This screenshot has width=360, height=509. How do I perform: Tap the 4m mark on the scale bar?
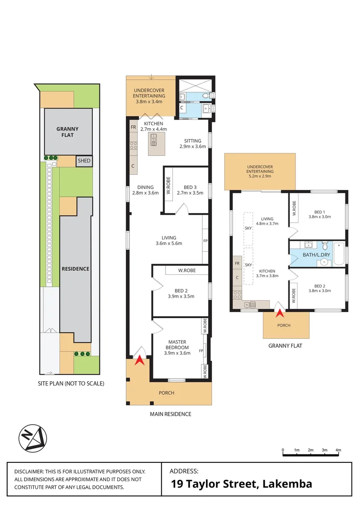[338, 451]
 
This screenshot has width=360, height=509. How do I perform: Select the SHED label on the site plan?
[84, 161]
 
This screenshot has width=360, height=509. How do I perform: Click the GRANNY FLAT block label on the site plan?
[68, 131]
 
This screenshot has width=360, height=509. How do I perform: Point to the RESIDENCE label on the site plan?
[75, 269]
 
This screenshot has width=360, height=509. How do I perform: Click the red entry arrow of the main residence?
[139, 361]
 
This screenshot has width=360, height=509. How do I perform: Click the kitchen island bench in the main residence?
[156, 144]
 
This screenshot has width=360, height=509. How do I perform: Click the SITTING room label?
[193, 141]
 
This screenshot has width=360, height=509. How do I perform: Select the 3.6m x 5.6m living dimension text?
[169, 244]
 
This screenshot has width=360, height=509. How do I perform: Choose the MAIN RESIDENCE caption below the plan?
[170, 414]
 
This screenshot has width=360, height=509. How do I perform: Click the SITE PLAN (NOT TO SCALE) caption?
[71, 384]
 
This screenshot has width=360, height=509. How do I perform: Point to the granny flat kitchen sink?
[253, 304]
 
